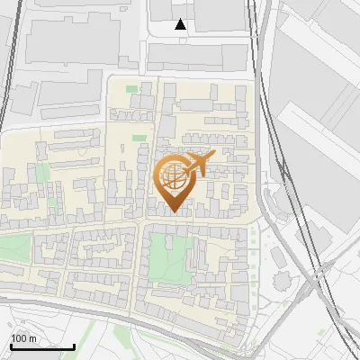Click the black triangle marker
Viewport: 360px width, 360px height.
[x=181, y=24]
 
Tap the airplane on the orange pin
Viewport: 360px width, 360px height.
[x=200, y=163]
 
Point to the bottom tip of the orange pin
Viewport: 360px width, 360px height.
[x=175, y=212]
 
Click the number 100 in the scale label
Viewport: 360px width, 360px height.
[x=18, y=337]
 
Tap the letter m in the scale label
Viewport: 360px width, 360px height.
[x=31, y=337]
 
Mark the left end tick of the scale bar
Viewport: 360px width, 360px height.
[x=12, y=346]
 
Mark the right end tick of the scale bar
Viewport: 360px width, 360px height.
[x=74, y=346]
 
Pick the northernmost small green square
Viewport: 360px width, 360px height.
[x=132, y=88]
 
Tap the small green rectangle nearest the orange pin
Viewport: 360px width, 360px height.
[x=139, y=138]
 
